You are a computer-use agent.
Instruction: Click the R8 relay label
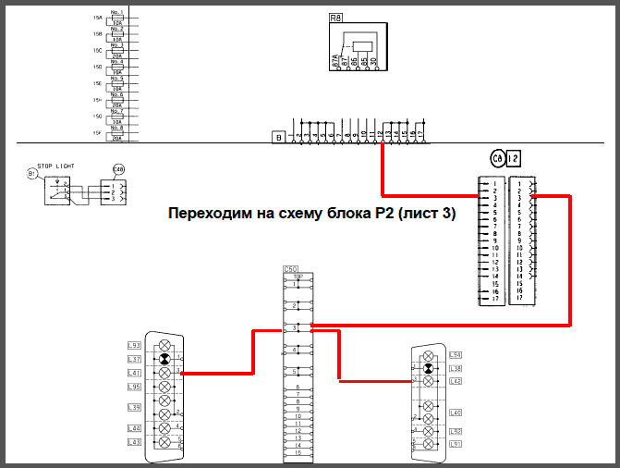(335, 17)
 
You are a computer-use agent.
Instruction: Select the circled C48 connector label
(117, 170)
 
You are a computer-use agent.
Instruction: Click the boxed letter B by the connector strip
(276, 137)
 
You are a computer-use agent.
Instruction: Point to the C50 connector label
(291, 269)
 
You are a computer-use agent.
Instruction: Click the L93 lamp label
(134, 346)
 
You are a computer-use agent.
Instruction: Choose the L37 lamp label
(134, 359)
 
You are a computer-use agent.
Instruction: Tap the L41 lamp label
(134, 372)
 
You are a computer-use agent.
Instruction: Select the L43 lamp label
(134, 442)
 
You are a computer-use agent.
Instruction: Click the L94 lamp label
(455, 355)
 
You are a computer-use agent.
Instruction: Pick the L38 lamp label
(455, 368)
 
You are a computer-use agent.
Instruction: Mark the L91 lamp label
(455, 444)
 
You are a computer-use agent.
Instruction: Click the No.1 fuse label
(116, 13)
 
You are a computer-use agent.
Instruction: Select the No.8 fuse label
(116, 129)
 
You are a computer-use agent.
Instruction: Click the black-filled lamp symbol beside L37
(164, 359)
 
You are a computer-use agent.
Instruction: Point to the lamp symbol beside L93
(164, 345)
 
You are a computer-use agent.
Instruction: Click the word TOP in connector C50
(298, 277)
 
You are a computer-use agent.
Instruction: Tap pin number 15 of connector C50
(298, 454)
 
